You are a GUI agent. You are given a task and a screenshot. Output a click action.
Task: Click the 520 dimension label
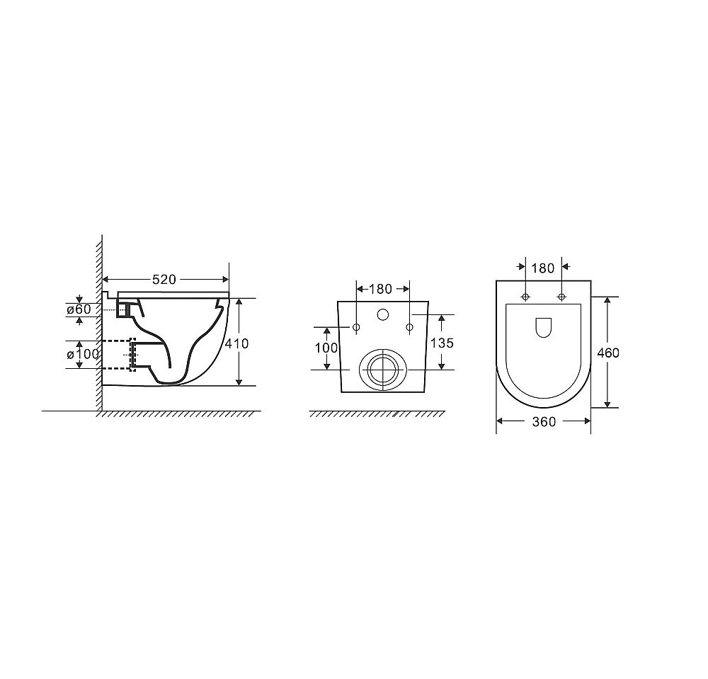(164, 280)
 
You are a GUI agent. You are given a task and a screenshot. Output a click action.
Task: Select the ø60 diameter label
(79, 309)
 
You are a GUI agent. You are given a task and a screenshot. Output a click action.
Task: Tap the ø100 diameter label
(83, 355)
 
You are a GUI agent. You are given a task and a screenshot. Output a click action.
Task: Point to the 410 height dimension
(236, 343)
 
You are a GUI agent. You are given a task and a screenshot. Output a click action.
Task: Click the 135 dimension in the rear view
(442, 343)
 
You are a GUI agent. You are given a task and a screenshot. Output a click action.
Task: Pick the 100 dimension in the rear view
(326, 348)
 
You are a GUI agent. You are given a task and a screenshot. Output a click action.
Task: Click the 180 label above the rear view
(381, 289)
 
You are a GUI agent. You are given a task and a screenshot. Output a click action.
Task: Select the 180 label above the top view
(543, 268)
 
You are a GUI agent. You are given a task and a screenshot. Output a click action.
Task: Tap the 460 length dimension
(607, 353)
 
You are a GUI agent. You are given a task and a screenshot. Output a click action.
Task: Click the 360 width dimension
(544, 422)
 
